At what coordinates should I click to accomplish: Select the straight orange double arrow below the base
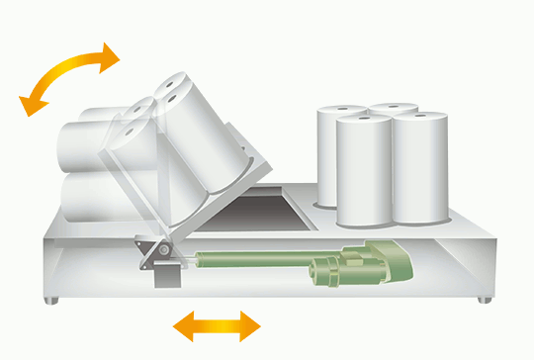[218, 324]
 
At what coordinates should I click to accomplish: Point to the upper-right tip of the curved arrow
[114, 54]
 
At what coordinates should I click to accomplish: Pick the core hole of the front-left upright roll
[363, 121]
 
